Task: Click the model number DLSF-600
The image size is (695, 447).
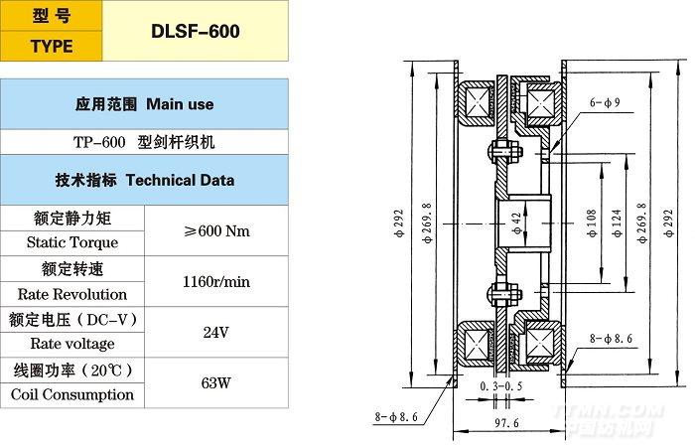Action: (x=196, y=31)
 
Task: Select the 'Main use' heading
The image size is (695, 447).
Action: (x=144, y=103)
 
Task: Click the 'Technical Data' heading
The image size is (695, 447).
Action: (x=144, y=181)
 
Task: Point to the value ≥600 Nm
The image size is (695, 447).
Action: (x=216, y=230)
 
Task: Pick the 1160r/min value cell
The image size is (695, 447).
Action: (x=216, y=282)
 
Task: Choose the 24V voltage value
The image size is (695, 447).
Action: (x=215, y=332)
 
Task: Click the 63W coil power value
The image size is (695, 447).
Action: (x=215, y=381)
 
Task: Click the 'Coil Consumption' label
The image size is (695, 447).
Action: (x=71, y=394)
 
